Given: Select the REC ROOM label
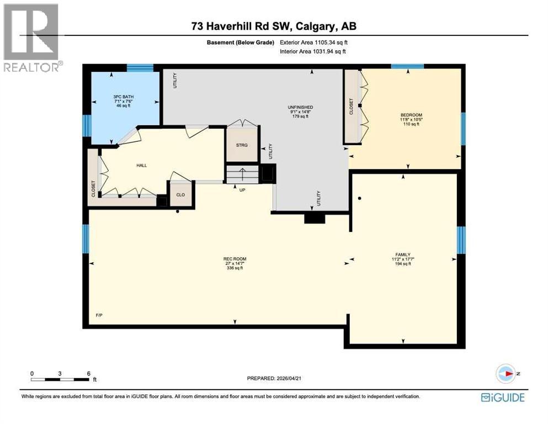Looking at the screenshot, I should coord(235,259).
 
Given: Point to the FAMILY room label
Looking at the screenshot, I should coord(405,255).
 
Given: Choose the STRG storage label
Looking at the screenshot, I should coord(242,145).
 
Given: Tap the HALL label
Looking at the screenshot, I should coord(141,165).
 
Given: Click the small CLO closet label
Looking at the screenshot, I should coord(180,195).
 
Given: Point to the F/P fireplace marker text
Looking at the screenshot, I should coord(99,315).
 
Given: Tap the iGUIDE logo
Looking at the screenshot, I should coord(503,397).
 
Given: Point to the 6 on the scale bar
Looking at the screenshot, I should coord(89,373).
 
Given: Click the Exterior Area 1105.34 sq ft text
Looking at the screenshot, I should coord(313,42).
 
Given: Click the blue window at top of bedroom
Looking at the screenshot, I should coord(407,67).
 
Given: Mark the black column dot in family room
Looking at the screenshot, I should coord(359,198).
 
